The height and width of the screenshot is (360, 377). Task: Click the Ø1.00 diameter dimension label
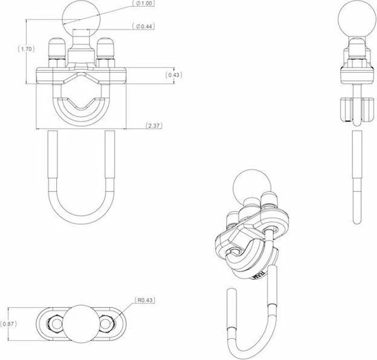pyautogui.click(x=143, y=3)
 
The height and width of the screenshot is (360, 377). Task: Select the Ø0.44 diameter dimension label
pyautogui.click(x=143, y=26)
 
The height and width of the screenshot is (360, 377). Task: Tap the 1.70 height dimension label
pyautogui.click(x=27, y=49)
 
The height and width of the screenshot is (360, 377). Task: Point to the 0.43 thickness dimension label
pyautogui.click(x=173, y=75)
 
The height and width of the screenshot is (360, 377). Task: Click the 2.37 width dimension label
pyautogui.click(x=154, y=125)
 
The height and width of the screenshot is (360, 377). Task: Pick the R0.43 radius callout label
pyautogui.click(x=145, y=300)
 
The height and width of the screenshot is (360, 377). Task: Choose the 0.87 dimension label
pyautogui.click(x=8, y=324)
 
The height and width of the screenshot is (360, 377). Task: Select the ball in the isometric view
pyautogui.click(x=252, y=187)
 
